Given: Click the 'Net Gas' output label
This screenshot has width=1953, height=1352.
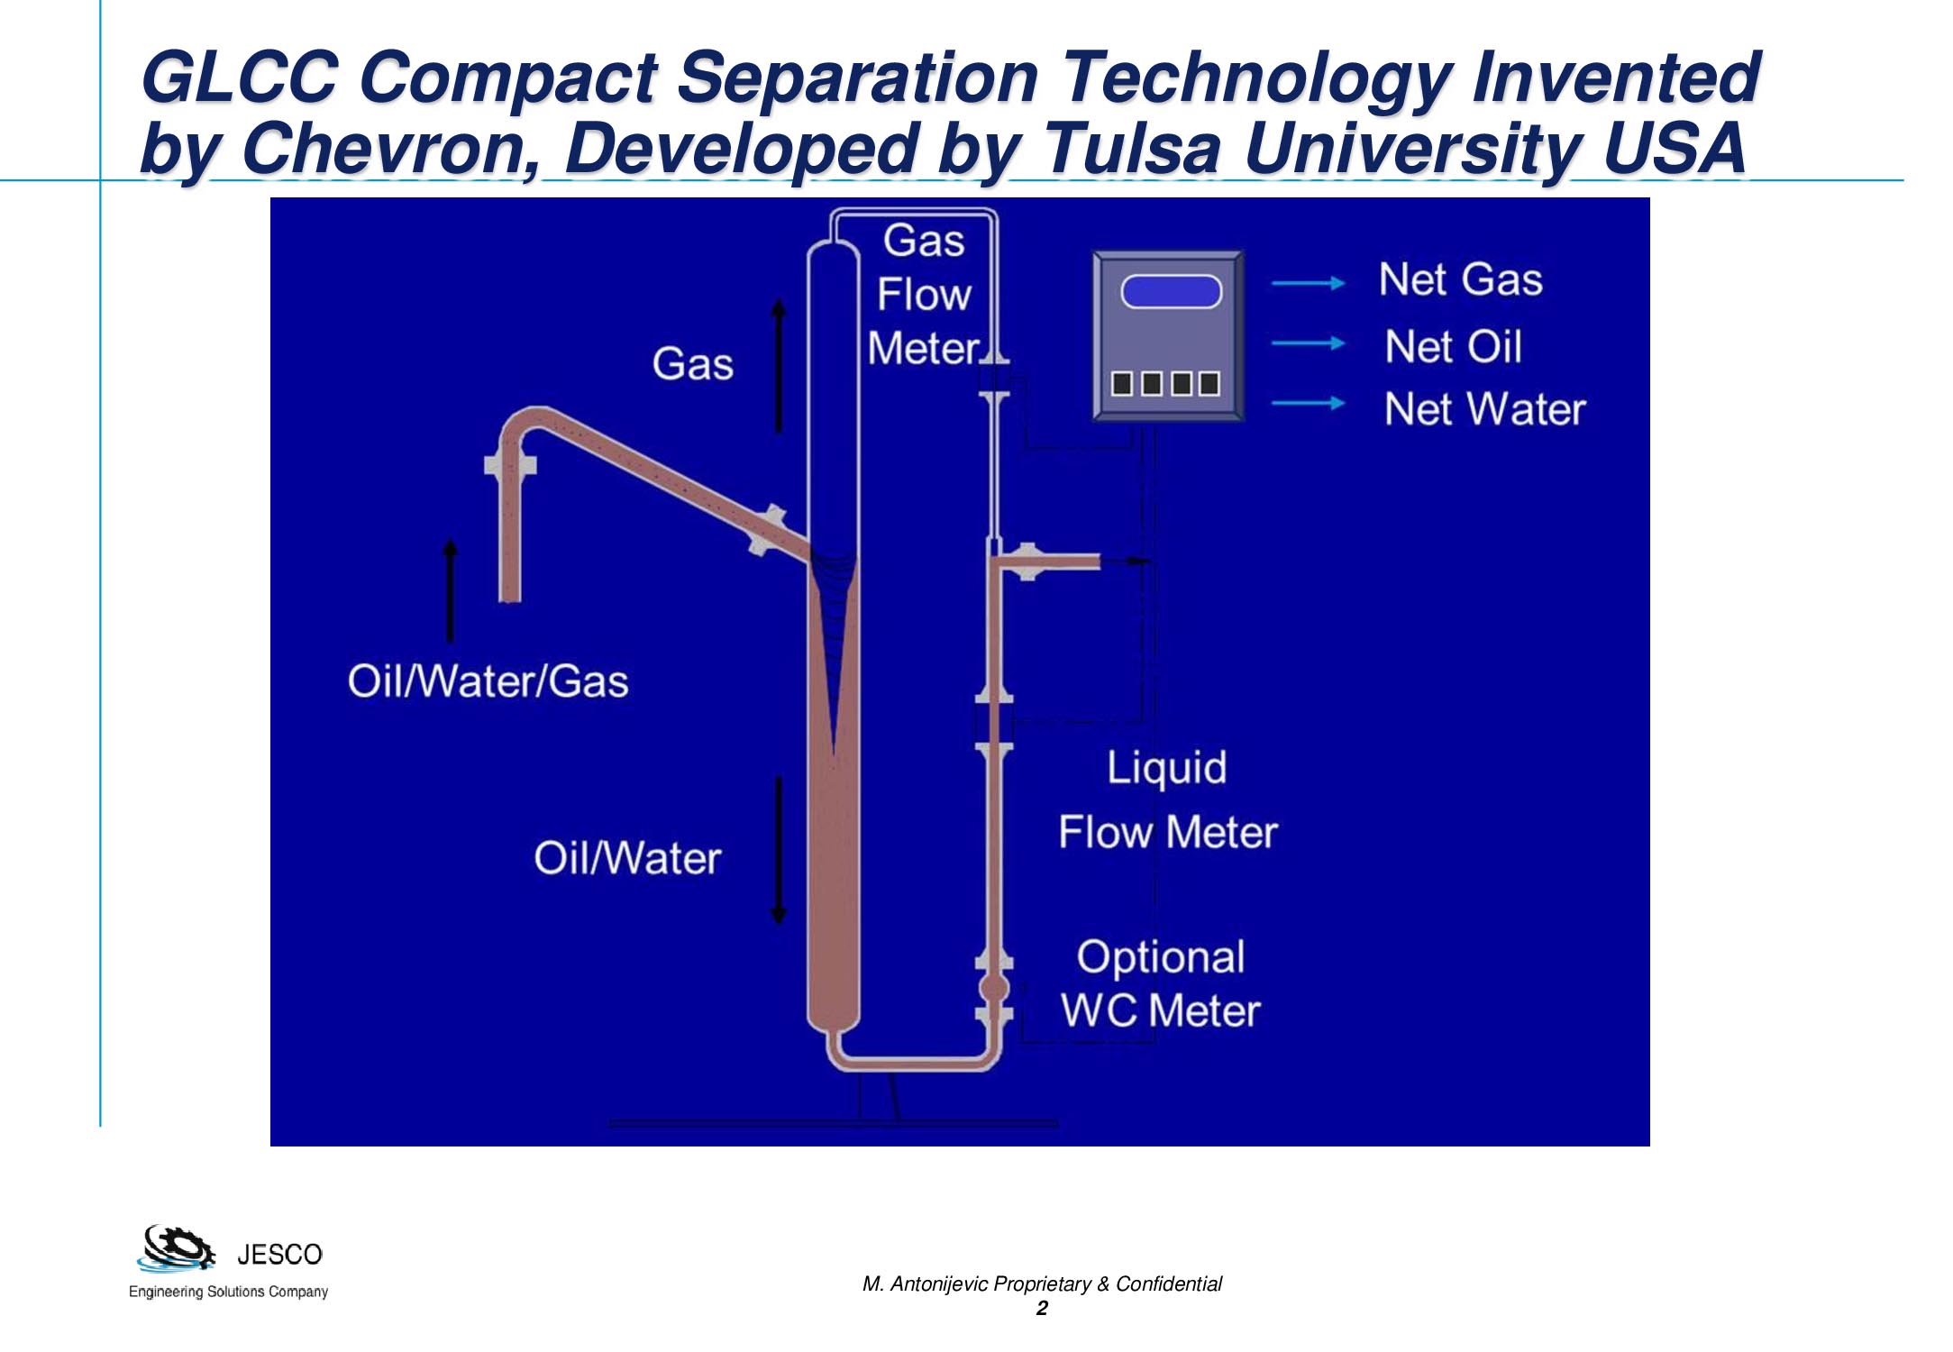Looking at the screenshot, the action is pyautogui.click(x=1460, y=279).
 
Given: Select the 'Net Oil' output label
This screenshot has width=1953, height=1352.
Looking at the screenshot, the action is pyautogui.click(x=1453, y=346).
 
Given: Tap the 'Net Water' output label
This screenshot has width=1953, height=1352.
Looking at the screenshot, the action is pyautogui.click(x=1484, y=409).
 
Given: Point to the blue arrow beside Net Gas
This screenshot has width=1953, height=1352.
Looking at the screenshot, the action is pyautogui.click(x=1308, y=283).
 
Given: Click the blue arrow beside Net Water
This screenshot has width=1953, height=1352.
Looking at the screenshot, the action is pyautogui.click(x=1308, y=403).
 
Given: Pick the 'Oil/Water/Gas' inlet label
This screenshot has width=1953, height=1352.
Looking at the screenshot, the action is pyautogui.click(x=488, y=681).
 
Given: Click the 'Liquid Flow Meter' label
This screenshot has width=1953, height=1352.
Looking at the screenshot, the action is pyautogui.click(x=1168, y=799).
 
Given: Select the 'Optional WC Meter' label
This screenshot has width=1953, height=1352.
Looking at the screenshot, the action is pyautogui.click(x=1161, y=983).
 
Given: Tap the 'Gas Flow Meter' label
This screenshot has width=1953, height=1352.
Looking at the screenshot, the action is pyautogui.click(x=924, y=295).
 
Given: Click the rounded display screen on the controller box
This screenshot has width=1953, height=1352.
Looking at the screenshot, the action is pyautogui.click(x=1171, y=292).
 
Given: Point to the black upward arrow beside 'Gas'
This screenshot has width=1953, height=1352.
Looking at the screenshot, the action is pyautogui.click(x=779, y=366).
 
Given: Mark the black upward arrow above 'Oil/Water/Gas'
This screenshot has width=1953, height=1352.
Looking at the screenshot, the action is pyautogui.click(x=451, y=590).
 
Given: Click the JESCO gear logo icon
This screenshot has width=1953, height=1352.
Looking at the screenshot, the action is pyautogui.click(x=177, y=1248).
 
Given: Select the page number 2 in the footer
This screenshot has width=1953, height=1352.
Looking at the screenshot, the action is pyautogui.click(x=1042, y=1309).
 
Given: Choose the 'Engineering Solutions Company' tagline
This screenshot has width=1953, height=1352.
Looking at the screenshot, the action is pyautogui.click(x=228, y=1292).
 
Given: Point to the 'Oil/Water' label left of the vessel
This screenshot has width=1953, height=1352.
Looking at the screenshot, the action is pyautogui.click(x=627, y=858).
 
